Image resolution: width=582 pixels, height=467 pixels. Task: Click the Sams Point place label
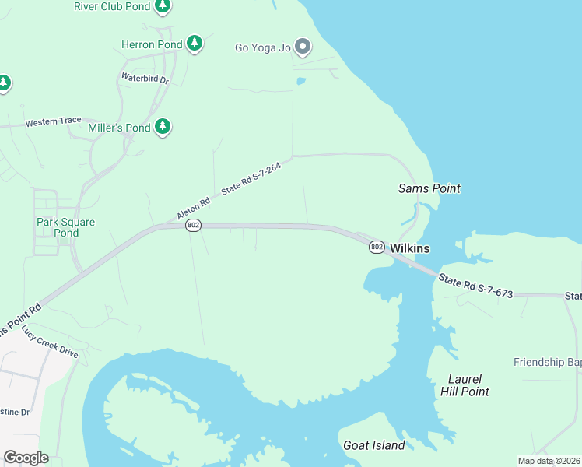(429, 188)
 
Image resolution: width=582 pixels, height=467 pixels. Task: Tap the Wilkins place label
(410, 248)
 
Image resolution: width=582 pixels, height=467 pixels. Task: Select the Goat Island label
(373, 445)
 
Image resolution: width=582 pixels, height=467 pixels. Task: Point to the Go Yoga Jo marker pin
(303, 48)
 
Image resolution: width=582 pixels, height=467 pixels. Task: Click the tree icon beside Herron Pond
(195, 44)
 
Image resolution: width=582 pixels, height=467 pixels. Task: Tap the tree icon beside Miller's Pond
(162, 127)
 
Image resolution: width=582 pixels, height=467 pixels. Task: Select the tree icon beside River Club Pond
(162, 7)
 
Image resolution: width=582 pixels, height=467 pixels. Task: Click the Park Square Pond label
(65, 227)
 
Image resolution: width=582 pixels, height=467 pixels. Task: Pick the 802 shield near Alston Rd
(194, 225)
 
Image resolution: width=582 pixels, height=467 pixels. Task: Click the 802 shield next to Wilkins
(377, 247)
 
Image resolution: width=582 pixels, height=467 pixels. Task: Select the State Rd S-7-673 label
(475, 286)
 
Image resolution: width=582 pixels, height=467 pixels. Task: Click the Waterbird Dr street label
(145, 78)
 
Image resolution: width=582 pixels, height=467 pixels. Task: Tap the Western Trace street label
(53, 122)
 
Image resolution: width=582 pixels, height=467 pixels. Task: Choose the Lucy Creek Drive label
(50, 342)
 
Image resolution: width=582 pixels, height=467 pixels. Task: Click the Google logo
(26, 458)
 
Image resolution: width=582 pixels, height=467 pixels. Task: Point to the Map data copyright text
(548, 461)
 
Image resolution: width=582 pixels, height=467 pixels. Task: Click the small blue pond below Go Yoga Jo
(301, 80)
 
